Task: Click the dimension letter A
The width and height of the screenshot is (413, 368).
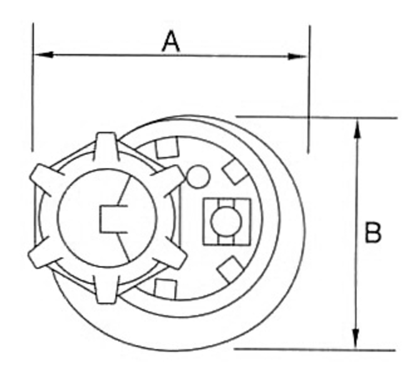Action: tap(171, 42)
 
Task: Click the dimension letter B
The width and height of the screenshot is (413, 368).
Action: tap(373, 232)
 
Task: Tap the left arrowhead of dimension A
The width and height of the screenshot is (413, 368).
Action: tap(43, 55)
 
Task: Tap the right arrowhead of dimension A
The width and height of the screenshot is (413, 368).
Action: tap(297, 56)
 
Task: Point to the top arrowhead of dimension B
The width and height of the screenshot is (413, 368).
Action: tap(357, 129)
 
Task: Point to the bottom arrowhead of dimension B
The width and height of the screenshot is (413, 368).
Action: tap(356, 338)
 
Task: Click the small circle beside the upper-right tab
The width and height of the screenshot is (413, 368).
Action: tap(198, 177)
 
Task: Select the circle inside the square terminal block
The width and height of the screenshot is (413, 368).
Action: tap(226, 221)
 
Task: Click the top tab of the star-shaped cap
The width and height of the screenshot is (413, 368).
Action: tap(106, 146)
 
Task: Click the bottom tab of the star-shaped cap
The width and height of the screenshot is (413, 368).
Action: tap(106, 290)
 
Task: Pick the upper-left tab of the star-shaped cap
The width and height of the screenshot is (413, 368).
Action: tap(46, 179)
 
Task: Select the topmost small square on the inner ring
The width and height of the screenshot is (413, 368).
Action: tap(167, 148)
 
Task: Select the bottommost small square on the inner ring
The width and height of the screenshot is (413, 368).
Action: tap(166, 290)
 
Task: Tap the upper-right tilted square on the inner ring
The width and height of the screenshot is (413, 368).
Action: tap(235, 171)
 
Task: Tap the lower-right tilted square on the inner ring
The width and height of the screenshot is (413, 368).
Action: tap(230, 269)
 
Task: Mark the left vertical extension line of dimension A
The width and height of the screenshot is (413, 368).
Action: tap(33, 87)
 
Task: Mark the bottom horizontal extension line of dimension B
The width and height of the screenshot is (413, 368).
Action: tap(315, 349)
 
